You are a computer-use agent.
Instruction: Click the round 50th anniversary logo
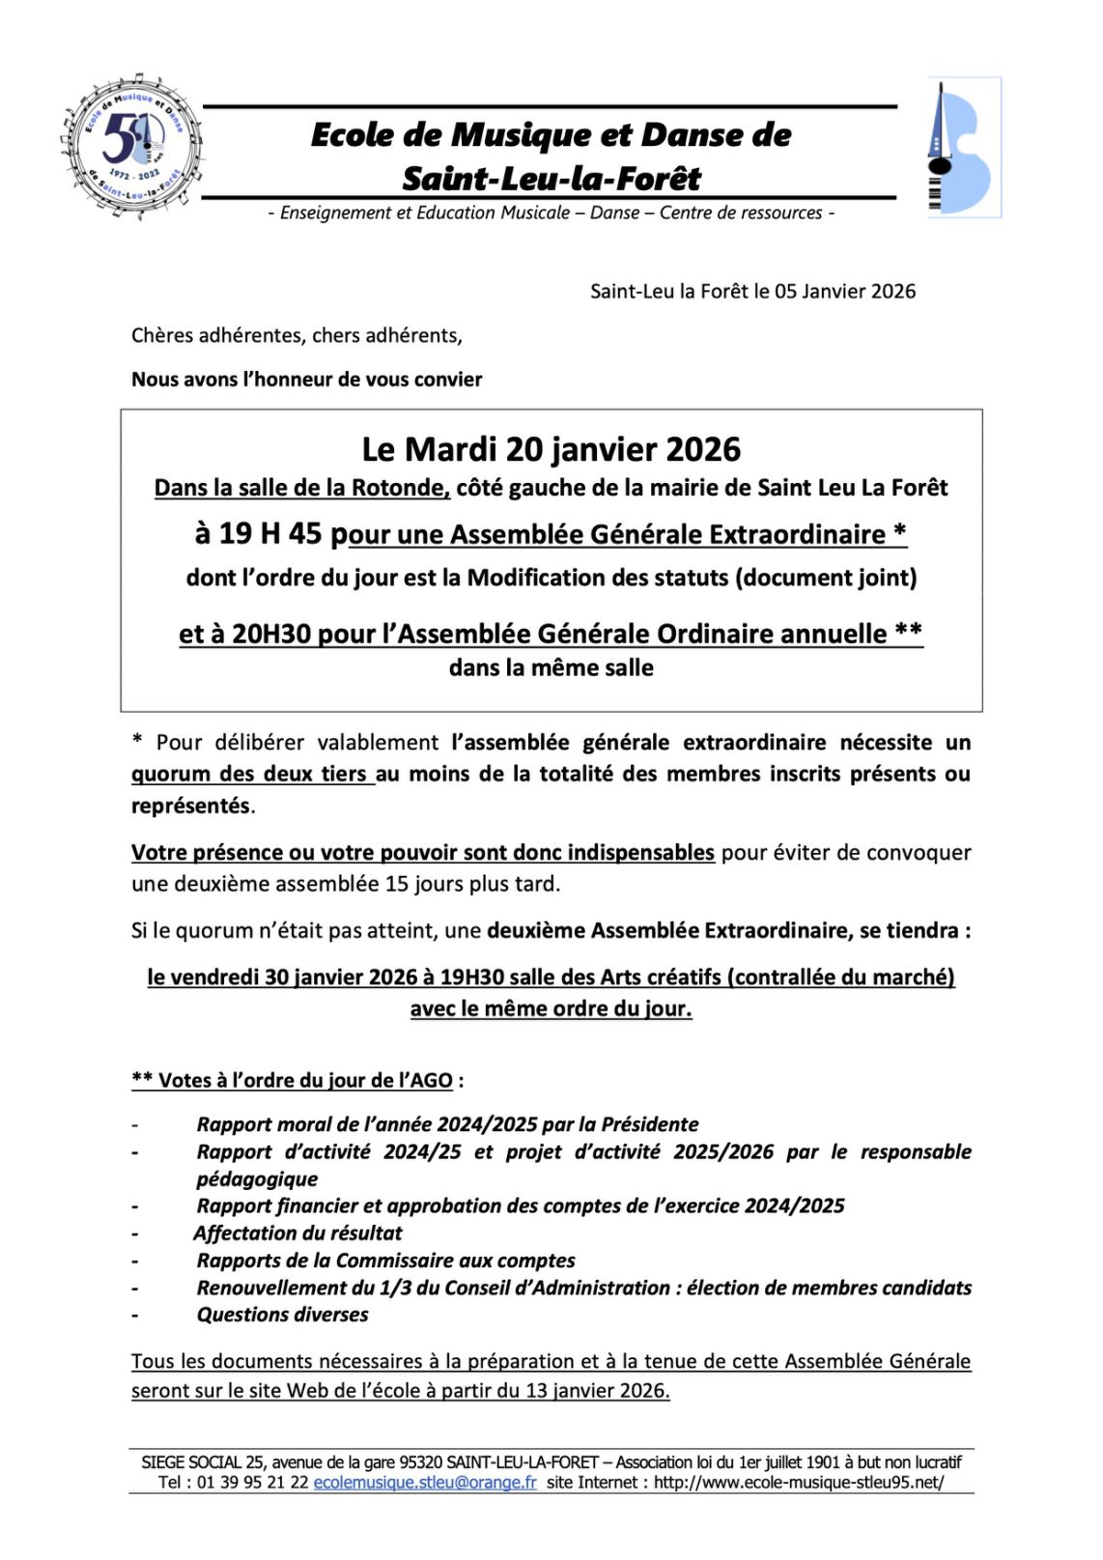coord(132,147)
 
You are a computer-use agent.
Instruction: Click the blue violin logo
coord(962,148)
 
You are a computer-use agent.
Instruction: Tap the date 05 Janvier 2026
coord(845,292)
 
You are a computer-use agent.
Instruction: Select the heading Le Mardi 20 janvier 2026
coord(551,450)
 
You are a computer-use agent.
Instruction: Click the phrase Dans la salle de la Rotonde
coord(301,488)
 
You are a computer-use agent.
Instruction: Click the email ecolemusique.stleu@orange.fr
coord(425,1482)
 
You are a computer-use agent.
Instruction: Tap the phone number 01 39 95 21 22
coord(252,1482)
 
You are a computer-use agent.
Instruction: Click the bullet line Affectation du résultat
coord(297,1234)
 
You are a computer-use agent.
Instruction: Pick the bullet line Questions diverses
coord(282,1315)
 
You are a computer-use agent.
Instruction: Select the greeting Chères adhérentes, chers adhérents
coord(297,335)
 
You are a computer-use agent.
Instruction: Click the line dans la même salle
coord(551,667)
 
